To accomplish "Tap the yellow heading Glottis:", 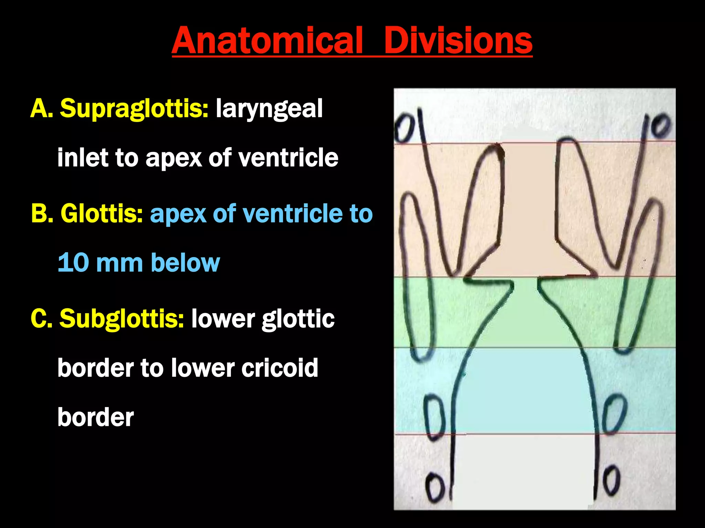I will tap(102, 213).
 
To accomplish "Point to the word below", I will tap(185, 263).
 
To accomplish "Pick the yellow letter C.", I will tap(40, 318).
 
